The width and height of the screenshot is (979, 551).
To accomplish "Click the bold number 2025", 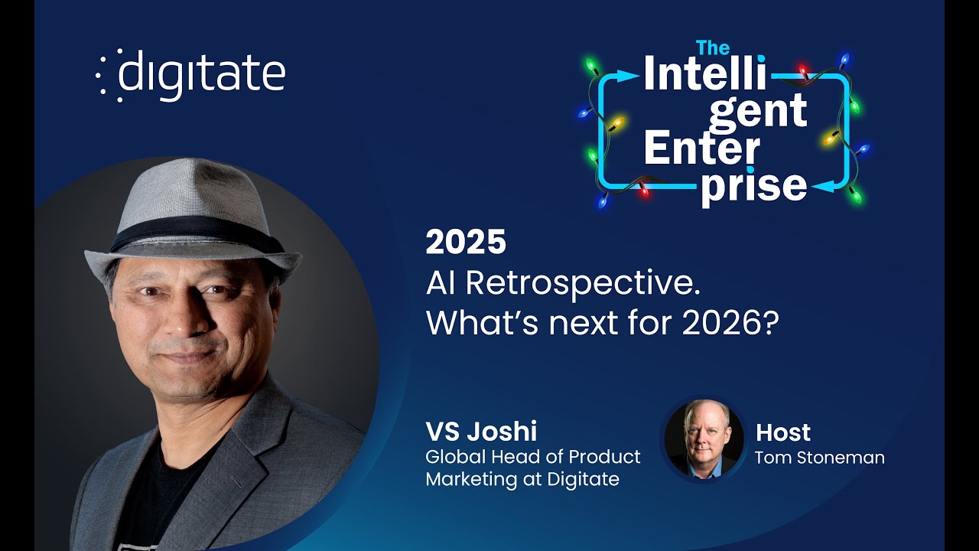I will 466,243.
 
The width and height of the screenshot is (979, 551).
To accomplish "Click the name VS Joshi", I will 482,432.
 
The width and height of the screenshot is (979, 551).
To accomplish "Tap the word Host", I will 782,432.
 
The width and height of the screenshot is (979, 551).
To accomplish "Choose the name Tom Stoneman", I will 819,458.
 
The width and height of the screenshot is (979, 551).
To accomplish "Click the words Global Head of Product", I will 533,457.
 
